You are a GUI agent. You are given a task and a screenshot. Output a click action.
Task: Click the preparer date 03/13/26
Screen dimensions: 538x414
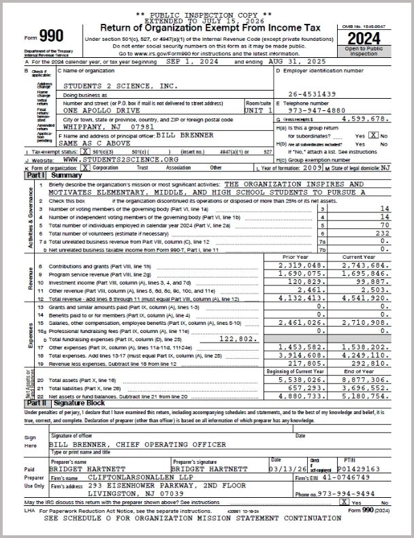[x=287, y=469]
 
